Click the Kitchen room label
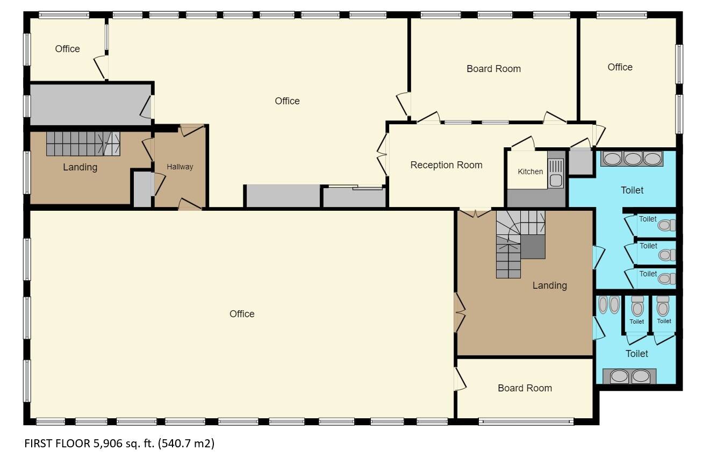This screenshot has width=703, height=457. click(x=530, y=172)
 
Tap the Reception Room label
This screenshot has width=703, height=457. click(x=446, y=165)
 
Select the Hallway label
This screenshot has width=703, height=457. click(x=180, y=167)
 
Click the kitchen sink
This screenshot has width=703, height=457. click(x=556, y=174)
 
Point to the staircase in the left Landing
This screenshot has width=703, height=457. click(x=83, y=144)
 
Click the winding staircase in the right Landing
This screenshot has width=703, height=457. click(x=520, y=244)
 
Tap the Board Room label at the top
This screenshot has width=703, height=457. click(x=493, y=69)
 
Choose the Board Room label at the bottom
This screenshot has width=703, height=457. click(x=525, y=388)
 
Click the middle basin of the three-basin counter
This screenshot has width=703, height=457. click(x=633, y=159)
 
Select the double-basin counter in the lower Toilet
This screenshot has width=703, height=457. click(x=629, y=376)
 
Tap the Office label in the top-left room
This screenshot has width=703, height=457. click(x=68, y=49)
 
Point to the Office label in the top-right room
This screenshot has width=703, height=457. click(x=620, y=67)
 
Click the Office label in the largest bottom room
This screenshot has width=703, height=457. click(x=242, y=314)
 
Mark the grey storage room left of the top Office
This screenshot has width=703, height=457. click(x=91, y=104)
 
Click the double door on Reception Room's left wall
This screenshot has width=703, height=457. click(x=382, y=154)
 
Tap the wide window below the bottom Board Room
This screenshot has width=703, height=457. click(x=526, y=422)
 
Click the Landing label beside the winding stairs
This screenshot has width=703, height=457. click(x=549, y=285)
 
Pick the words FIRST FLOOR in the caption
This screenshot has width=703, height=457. click(x=58, y=443)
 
